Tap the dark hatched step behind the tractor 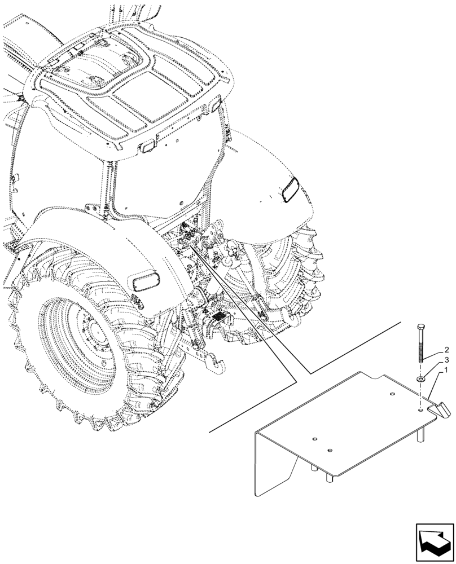click(217, 318)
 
